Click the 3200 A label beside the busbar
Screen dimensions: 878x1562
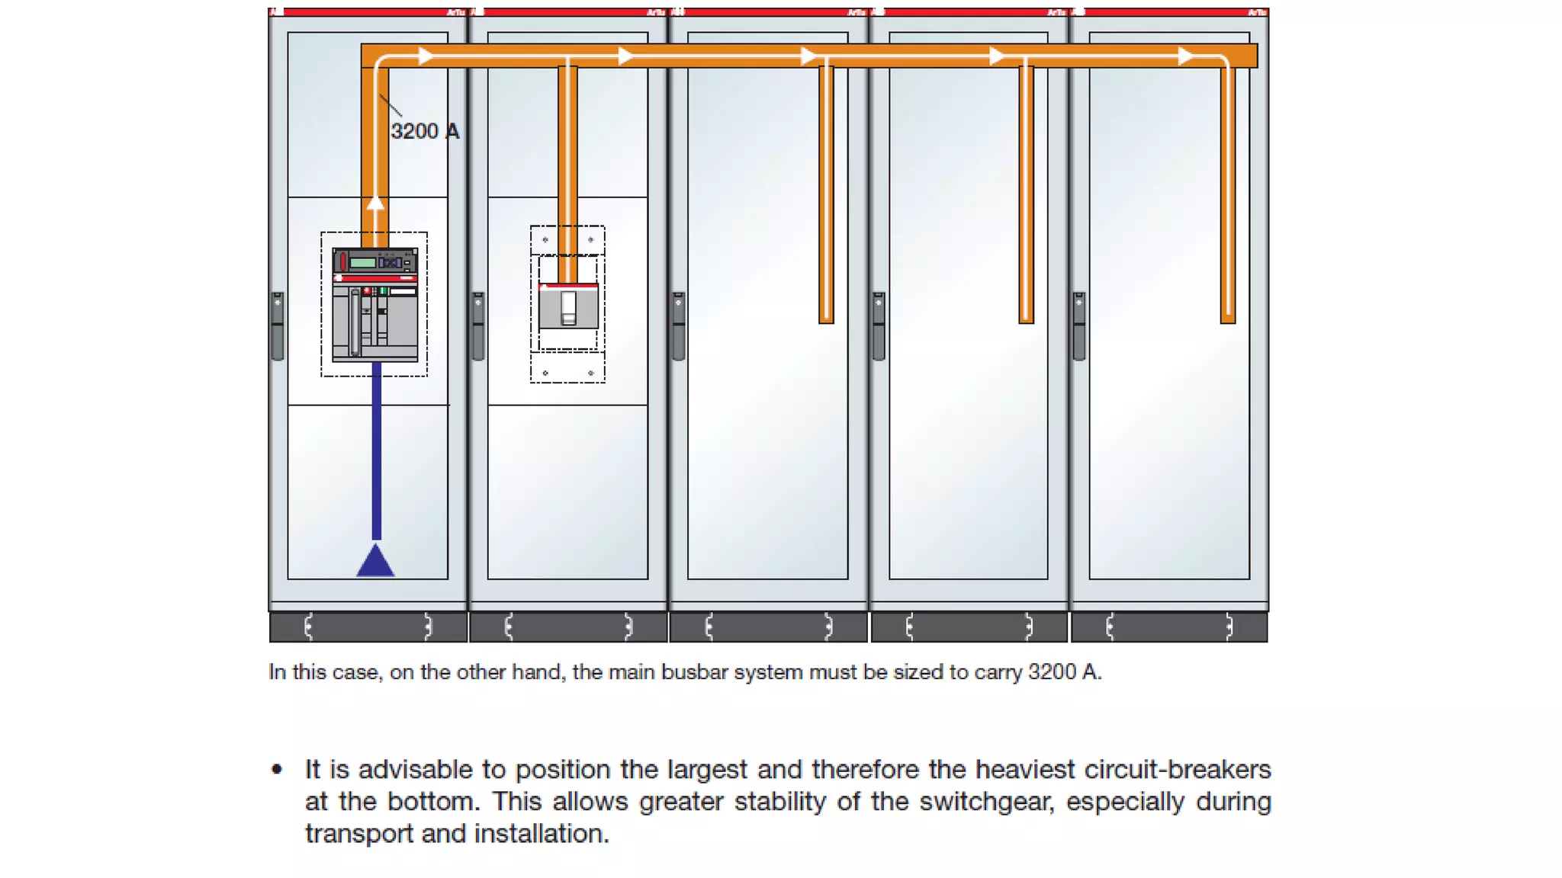click(x=425, y=131)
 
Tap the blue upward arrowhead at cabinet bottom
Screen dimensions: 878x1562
click(x=375, y=562)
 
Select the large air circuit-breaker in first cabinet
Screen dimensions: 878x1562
click(x=375, y=305)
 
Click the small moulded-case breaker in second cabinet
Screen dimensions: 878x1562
click(x=568, y=306)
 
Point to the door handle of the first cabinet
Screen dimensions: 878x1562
click(x=278, y=326)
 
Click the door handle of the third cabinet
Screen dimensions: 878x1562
click(x=679, y=326)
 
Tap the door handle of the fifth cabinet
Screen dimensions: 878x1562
click(x=1079, y=326)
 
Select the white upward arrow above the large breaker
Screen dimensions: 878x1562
click(x=375, y=203)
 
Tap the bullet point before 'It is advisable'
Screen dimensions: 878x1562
click(x=277, y=770)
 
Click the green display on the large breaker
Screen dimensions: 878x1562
click(x=363, y=263)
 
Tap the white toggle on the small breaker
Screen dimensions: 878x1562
click(x=569, y=306)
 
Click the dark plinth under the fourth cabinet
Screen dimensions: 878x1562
click(x=969, y=627)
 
